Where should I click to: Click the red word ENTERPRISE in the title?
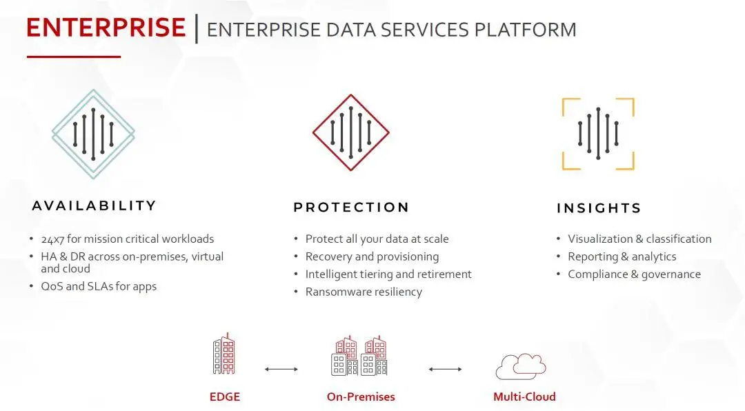106,28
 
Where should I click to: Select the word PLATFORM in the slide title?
526,30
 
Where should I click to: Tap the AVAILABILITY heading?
94,205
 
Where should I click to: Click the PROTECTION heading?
351,207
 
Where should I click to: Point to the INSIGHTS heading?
599,208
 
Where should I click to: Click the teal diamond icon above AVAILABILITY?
93,134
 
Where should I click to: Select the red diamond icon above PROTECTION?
351,132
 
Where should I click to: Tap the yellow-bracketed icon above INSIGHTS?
598,134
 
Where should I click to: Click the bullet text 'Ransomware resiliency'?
364,292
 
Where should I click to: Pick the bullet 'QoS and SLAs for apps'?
99,286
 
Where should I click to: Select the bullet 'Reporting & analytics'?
622,257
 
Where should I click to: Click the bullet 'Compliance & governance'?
635,274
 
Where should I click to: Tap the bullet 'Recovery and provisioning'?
372,257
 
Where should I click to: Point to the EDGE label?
225,397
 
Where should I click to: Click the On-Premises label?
361,397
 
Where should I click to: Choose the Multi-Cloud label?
524,397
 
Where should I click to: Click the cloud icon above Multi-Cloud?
521,366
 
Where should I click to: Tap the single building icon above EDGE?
223,354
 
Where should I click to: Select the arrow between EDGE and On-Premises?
281,369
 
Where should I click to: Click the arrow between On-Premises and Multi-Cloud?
445,369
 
